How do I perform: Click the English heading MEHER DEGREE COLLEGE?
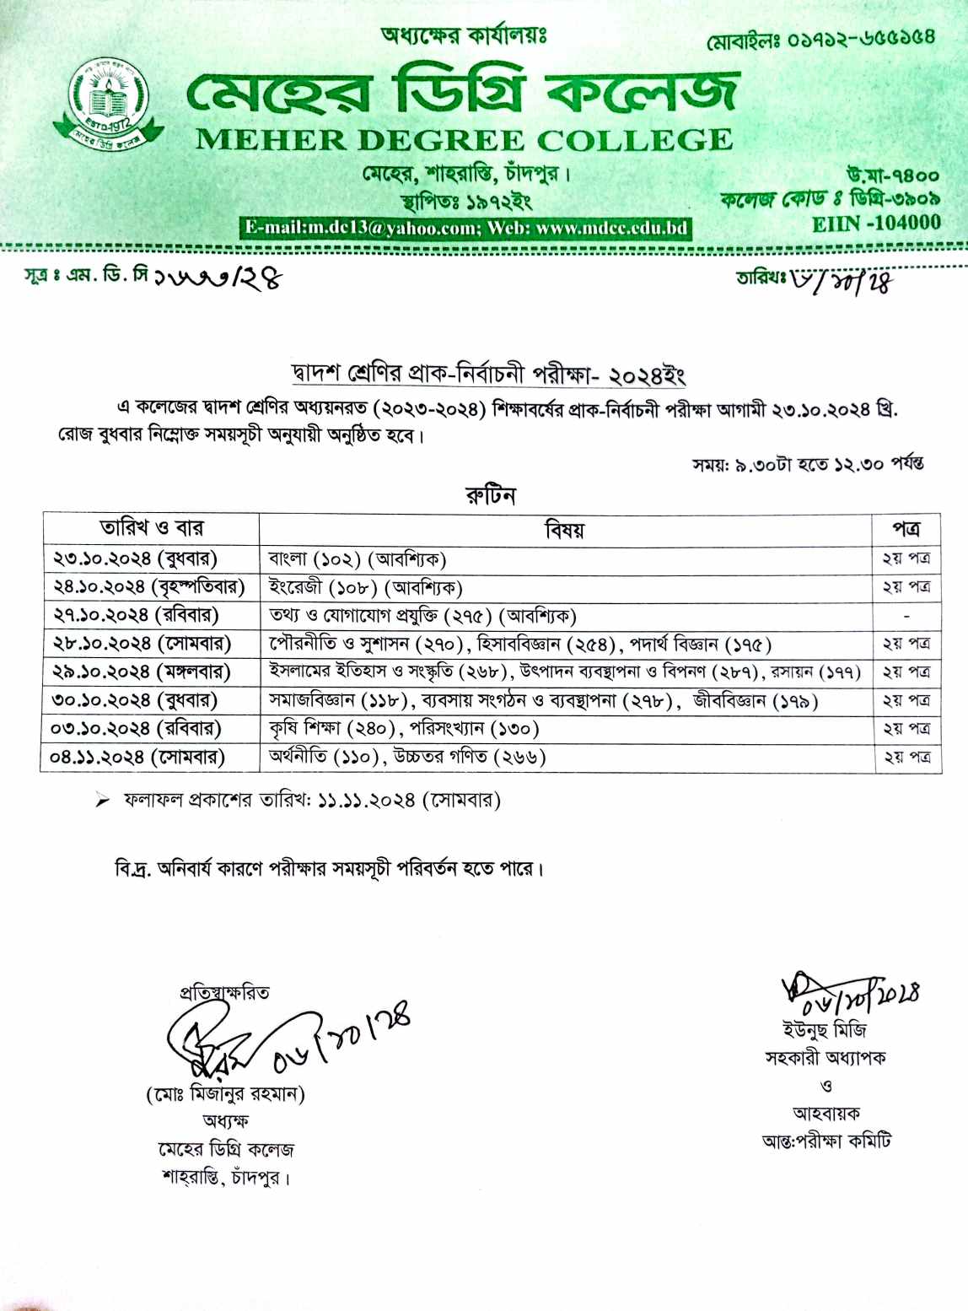464,140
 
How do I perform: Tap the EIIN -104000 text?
876,223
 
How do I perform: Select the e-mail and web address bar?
465,228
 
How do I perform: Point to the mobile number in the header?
820,39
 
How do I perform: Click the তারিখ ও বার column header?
152,528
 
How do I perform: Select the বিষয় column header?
564,530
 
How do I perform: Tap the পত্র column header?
906,529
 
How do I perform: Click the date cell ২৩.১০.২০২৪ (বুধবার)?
136,558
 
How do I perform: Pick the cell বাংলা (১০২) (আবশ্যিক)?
357,558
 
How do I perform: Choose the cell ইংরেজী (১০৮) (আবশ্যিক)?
365,587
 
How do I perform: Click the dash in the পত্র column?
906,616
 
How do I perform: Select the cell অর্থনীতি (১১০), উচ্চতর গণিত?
407,757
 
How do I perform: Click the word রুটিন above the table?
490,494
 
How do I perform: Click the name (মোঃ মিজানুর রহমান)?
225,1094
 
